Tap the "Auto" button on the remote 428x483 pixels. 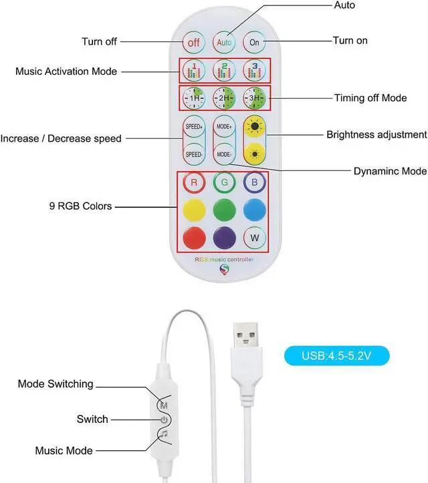coord(224,41)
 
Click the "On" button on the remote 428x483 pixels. coord(254,41)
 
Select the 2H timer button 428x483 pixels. coord(224,98)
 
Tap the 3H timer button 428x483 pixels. coord(254,98)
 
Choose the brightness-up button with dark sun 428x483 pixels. coord(254,127)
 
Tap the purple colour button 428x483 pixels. coord(224,238)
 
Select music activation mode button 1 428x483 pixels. coord(194,70)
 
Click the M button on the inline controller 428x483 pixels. coord(164,405)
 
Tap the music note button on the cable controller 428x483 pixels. coord(164,435)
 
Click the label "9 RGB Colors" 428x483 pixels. coord(80,206)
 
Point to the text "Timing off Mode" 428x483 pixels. coord(370,98)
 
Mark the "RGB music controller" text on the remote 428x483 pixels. coord(224,259)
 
